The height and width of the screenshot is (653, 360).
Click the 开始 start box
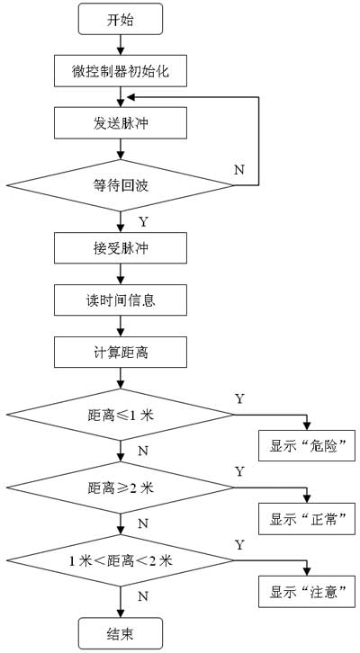121,19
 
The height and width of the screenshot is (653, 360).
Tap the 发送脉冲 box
121,123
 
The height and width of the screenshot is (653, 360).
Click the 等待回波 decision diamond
121,186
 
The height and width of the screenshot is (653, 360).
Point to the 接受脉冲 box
121,248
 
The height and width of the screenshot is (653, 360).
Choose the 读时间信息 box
121,300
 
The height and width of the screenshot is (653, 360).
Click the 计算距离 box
121,353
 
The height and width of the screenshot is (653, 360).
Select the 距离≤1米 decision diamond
121,415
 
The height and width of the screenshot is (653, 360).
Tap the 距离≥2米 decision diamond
121,488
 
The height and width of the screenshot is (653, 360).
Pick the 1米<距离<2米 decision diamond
121,560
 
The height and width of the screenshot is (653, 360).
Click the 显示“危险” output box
308,446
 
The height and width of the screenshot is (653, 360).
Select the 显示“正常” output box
308,519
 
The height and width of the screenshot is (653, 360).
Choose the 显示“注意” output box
308,592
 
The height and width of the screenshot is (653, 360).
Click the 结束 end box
121,633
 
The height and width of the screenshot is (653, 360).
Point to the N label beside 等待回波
239,169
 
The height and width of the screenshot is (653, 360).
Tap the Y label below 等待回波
143,221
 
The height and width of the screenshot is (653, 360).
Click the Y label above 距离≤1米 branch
239,398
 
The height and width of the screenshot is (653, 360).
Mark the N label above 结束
143,596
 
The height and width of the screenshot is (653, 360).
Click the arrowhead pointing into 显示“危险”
307,426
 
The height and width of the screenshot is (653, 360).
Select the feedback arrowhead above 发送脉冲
130,97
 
